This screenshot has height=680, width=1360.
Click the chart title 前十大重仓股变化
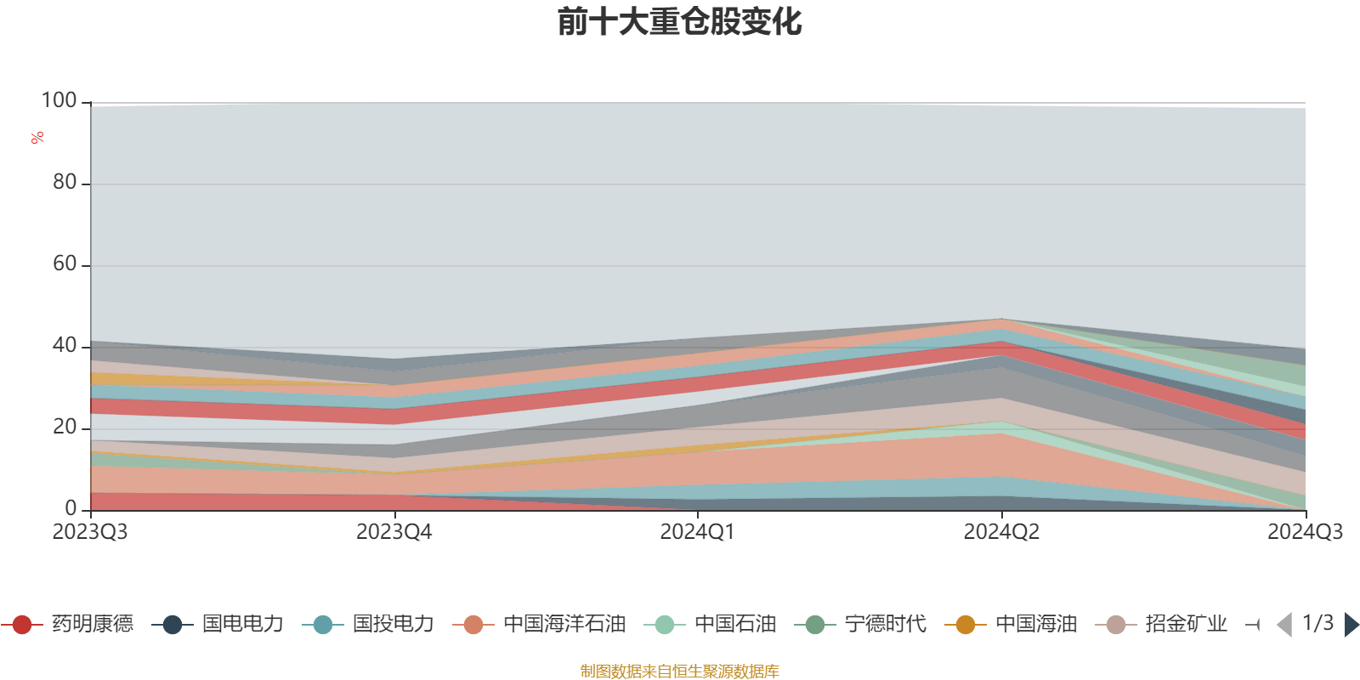679,23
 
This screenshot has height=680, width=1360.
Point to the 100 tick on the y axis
59,101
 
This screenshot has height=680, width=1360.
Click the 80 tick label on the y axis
65,183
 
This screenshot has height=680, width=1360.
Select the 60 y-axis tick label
65,264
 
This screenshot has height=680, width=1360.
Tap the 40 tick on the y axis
65,346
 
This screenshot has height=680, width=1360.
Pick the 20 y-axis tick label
65,428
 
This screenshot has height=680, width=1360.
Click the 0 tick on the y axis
71,508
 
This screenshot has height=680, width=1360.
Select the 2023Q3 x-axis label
90,532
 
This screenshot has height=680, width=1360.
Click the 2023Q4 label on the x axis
394,532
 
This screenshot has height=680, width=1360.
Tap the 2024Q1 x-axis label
697,532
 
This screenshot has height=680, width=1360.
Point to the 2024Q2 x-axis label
1001,532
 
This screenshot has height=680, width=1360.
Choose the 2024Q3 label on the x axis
1305,532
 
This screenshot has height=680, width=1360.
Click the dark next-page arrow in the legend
1351,625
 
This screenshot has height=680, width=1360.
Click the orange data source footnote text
679,671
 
